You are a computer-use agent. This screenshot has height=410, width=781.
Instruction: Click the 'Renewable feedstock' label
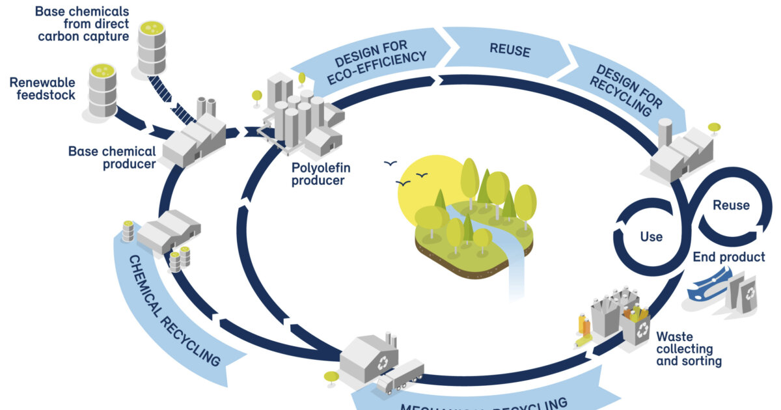(42, 89)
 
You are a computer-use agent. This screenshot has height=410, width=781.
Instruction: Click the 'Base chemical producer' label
(112, 157)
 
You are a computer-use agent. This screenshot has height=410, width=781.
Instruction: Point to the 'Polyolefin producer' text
(318, 174)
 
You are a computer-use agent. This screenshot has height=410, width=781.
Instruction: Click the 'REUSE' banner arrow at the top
(510, 49)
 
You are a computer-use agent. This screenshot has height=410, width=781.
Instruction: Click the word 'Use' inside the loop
(651, 236)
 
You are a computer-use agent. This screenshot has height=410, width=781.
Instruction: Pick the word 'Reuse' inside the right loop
(731, 206)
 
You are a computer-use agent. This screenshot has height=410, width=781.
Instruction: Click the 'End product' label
(728, 257)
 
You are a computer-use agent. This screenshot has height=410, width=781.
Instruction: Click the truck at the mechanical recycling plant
(400, 378)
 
